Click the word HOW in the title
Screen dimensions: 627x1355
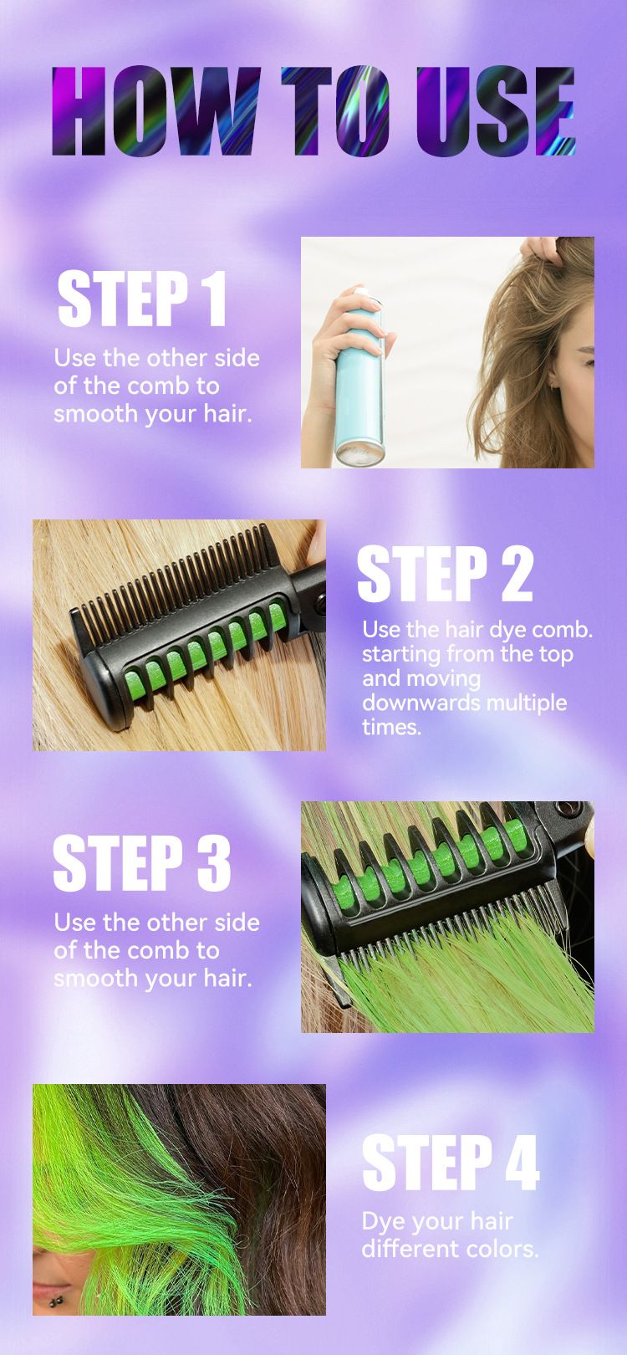coord(156,110)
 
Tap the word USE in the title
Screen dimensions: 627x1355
coord(495,111)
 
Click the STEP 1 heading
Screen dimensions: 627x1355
coord(142,299)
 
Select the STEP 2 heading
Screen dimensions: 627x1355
coord(445,573)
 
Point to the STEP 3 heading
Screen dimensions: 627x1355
coord(142,862)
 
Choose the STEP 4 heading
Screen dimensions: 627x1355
coord(451,1162)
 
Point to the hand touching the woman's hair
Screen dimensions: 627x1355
coord(541,249)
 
